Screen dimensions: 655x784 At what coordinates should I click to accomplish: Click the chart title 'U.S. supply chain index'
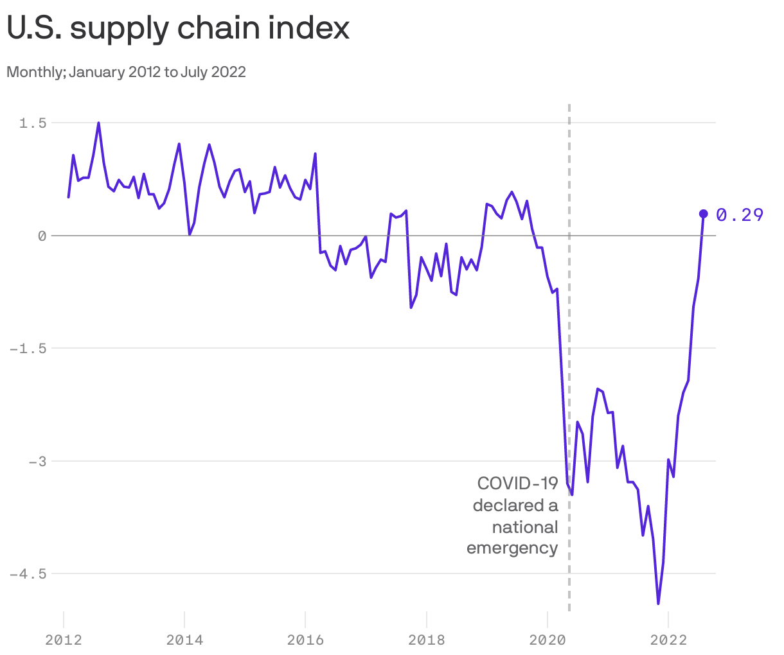click(178, 28)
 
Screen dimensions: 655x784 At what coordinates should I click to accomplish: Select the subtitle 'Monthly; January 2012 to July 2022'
click(126, 72)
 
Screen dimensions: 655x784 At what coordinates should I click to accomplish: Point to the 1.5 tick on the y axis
click(33, 123)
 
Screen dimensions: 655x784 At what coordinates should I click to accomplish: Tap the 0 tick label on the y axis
click(42, 236)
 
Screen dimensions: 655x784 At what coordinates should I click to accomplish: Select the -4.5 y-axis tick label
click(28, 573)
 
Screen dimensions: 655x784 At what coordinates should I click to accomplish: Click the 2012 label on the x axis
click(64, 640)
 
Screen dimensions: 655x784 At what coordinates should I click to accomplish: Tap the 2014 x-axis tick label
click(184, 640)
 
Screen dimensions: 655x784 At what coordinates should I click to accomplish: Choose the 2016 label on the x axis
click(305, 640)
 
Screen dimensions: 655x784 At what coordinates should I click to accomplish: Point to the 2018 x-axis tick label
click(426, 640)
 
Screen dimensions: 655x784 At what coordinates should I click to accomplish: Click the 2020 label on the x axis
click(547, 640)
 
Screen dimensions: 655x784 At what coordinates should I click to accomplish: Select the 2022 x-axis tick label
click(668, 640)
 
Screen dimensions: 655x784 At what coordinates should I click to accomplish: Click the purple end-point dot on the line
click(703, 214)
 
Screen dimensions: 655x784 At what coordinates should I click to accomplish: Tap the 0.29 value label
click(740, 215)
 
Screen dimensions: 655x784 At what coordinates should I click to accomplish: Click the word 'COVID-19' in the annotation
click(517, 484)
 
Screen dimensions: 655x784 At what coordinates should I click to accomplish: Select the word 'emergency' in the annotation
click(512, 548)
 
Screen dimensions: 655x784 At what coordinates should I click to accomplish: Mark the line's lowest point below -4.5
click(658, 603)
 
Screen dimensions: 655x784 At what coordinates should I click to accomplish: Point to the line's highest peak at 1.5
click(98, 123)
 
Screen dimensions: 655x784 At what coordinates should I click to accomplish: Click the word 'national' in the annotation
click(525, 527)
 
